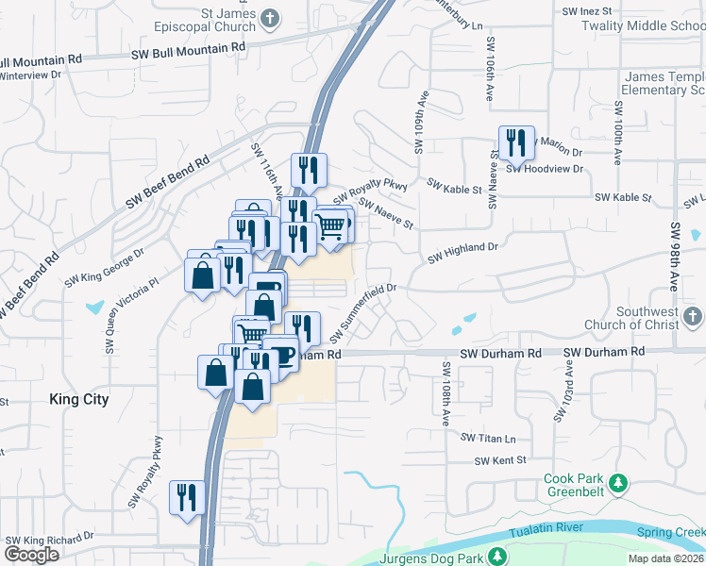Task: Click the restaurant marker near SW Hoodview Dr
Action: click(515, 143)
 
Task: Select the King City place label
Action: click(79, 399)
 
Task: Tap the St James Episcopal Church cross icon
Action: click(271, 18)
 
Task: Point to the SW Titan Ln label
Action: click(489, 438)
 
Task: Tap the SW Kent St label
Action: click(500, 460)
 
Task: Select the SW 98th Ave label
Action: click(675, 258)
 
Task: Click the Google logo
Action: click(31, 555)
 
